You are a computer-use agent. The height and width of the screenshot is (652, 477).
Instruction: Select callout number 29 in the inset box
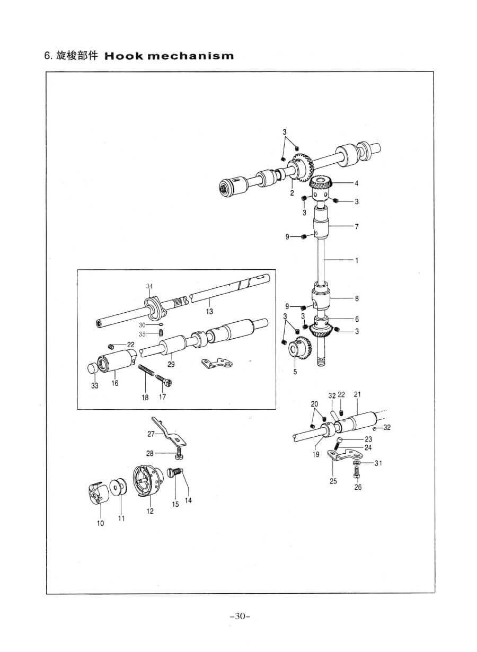click(x=170, y=365)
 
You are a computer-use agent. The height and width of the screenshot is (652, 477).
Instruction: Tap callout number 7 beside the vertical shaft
click(x=357, y=227)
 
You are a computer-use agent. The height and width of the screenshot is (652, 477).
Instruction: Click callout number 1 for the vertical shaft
click(x=357, y=260)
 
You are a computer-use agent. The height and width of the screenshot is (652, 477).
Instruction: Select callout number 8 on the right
click(x=357, y=298)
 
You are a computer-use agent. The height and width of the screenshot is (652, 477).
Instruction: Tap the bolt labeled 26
click(x=357, y=472)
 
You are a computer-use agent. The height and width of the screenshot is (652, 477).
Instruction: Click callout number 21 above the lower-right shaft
click(x=357, y=394)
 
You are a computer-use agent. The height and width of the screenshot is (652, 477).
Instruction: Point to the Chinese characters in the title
click(x=77, y=56)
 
